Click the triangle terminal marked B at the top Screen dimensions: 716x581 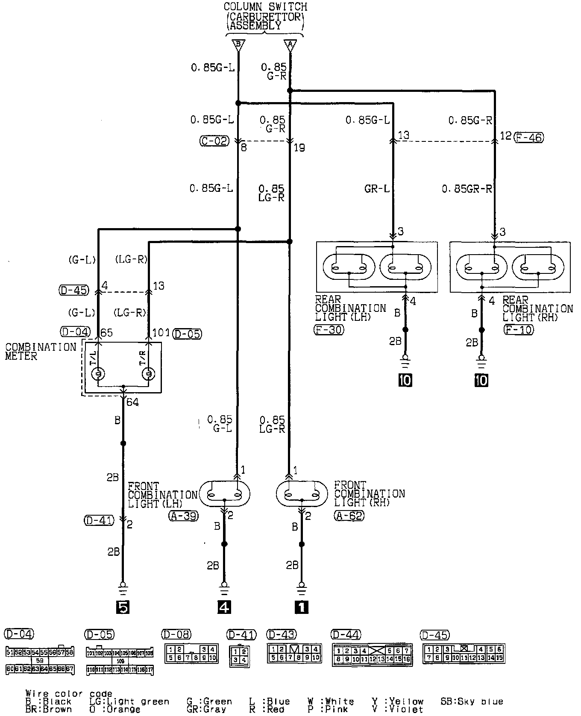coord(238,45)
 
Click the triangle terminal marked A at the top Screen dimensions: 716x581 coord(290,45)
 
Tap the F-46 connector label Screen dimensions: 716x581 coord(529,137)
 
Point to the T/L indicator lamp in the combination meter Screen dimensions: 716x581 coord(98,374)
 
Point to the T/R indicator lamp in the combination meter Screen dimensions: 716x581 coord(148,374)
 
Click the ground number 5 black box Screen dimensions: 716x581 coord(123,607)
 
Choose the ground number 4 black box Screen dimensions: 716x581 coord(224,607)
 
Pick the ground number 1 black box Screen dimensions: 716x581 coord(302,607)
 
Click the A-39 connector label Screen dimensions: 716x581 coord(184,516)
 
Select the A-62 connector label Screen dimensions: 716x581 coord(349,516)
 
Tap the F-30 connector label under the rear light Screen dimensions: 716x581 coord(329,329)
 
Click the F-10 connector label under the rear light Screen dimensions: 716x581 coord(518,330)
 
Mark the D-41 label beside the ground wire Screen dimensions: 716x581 coord(99,520)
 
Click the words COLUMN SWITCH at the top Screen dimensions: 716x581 coord(265,7)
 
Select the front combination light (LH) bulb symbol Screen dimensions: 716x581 coord(224,494)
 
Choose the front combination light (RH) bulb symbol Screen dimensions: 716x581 coord(302,494)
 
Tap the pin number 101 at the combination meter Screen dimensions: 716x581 coord(161,333)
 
